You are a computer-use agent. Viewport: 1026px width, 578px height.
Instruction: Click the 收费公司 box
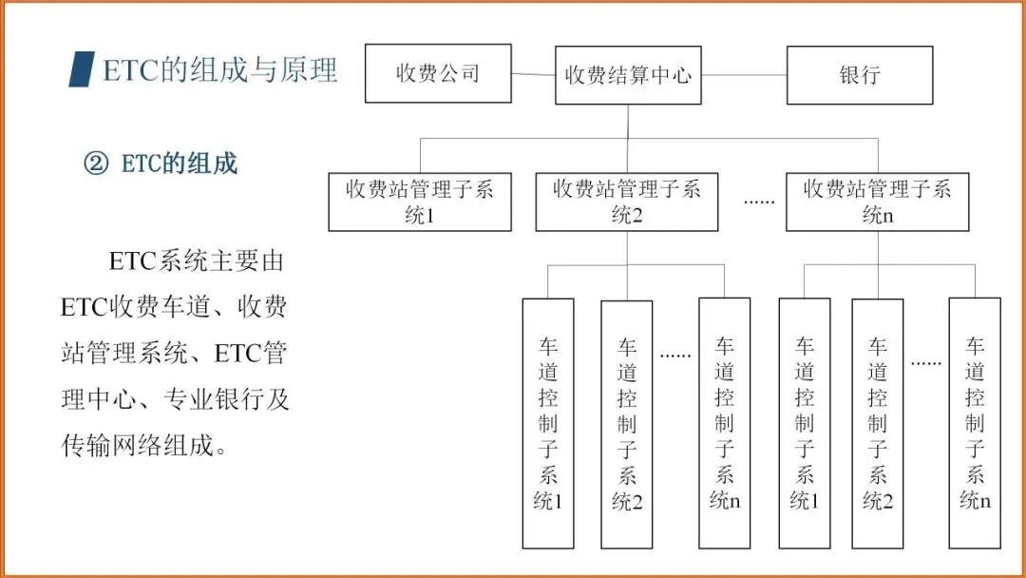coord(438,74)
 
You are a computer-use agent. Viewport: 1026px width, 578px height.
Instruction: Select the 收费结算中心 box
coord(628,75)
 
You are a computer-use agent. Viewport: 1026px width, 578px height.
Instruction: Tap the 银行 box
coord(860,75)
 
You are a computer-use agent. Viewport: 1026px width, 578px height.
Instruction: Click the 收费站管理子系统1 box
coord(419,202)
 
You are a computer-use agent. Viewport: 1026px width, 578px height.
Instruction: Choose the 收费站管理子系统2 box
coord(626,202)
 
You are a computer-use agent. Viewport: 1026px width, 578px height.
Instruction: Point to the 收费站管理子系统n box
coord(877,202)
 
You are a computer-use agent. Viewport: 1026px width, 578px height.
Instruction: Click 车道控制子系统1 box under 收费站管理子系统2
coord(548,423)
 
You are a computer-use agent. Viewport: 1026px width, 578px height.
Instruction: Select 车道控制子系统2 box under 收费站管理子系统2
coord(627,423)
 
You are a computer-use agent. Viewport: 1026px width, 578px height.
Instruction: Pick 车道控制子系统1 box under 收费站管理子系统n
coord(804,423)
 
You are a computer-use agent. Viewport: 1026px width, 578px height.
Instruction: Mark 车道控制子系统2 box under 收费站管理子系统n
coord(877,423)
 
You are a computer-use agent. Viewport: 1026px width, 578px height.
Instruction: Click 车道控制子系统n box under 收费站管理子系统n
coord(975,423)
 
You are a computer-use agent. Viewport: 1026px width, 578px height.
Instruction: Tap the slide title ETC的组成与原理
coord(219,70)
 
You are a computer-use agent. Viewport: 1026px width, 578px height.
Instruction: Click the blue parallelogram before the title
coord(82,70)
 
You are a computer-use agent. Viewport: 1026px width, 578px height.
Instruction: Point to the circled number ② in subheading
coord(97,164)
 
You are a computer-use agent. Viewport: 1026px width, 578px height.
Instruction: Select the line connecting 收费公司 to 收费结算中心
coord(533,74)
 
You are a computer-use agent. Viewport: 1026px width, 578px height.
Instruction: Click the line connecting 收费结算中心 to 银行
coord(744,74)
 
